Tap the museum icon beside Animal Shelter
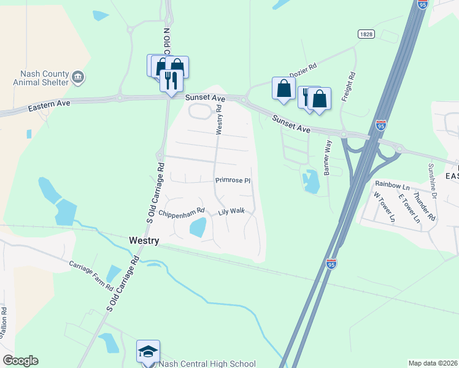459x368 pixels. pos(78,77)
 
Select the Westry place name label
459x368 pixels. pos(144,241)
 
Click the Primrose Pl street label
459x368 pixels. pos(233,181)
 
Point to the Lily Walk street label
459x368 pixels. pos(231,212)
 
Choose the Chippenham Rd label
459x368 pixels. pos(181,214)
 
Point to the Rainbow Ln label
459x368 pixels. pos(392,185)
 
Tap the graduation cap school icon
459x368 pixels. pos(148,351)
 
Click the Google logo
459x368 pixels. pos(20,361)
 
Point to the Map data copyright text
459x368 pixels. pos(433,363)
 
